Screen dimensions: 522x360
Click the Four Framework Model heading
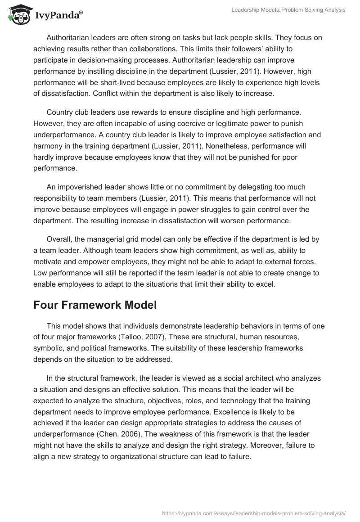(x=95, y=305)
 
